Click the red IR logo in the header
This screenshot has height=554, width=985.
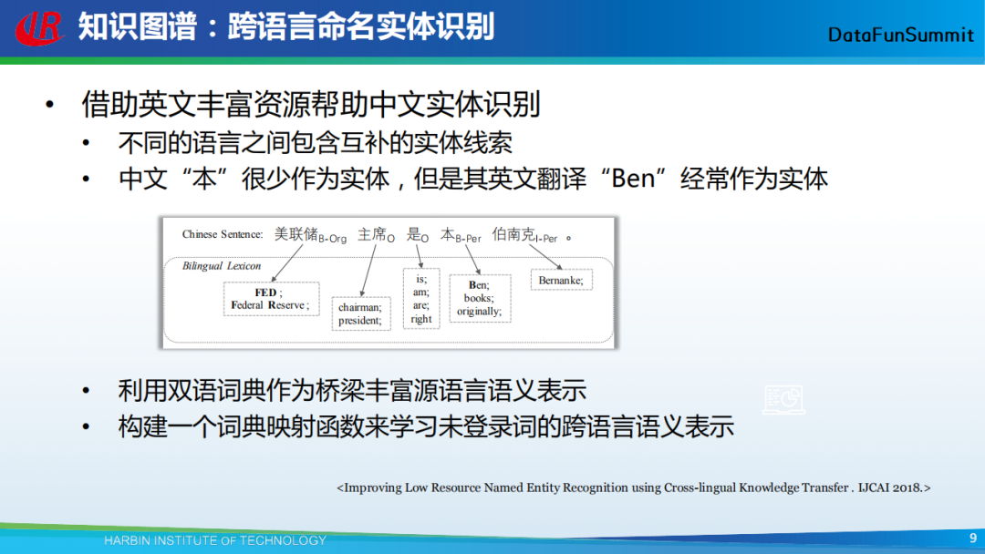click(39, 28)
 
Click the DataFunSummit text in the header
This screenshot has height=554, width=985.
click(901, 35)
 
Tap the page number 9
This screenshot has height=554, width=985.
click(973, 538)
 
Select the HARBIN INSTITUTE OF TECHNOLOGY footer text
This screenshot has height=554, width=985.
click(215, 540)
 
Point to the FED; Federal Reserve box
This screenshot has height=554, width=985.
click(272, 299)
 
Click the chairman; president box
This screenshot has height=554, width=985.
click(360, 313)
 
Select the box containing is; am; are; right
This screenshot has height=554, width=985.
click(420, 299)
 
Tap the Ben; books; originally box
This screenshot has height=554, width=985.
click(480, 298)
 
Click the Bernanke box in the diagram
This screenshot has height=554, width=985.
click(561, 280)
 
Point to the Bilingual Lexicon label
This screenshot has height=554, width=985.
click(221, 266)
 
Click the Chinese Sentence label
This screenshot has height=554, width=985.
click(223, 234)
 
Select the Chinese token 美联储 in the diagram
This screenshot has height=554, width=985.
click(295, 234)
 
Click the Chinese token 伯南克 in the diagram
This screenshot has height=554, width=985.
click(513, 234)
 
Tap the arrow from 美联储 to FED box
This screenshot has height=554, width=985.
click(287, 263)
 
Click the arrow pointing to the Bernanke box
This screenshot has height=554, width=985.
click(545, 257)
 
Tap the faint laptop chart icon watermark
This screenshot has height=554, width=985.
click(783, 400)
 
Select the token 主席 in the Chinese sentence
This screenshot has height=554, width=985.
click(372, 234)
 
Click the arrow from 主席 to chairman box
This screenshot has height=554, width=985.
click(368, 271)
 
